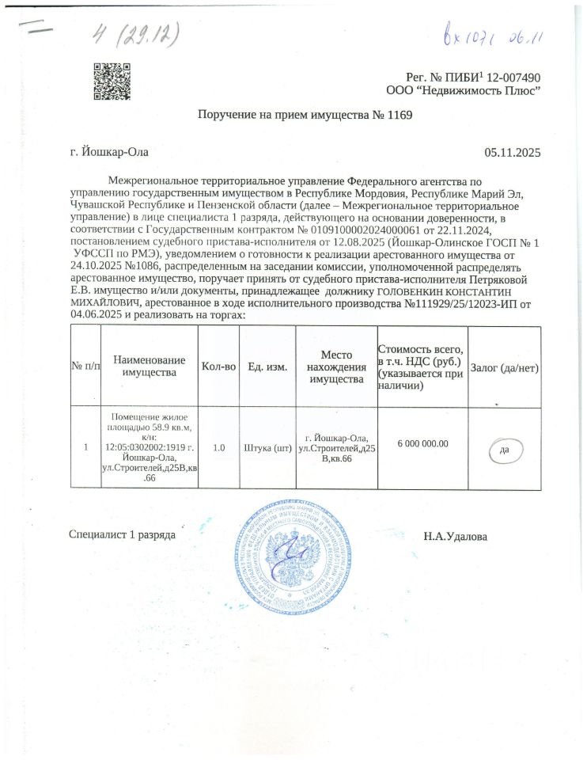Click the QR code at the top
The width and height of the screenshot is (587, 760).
pyautogui.click(x=112, y=82)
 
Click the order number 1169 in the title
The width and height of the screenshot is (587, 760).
pyautogui.click(x=400, y=116)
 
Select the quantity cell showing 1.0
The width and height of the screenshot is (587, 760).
pyautogui.click(x=219, y=447)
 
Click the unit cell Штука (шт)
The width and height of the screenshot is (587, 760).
pyautogui.click(x=267, y=447)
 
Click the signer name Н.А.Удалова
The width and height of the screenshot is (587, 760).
pyautogui.click(x=456, y=537)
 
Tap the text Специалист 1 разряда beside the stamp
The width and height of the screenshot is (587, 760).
pyautogui.click(x=122, y=536)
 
